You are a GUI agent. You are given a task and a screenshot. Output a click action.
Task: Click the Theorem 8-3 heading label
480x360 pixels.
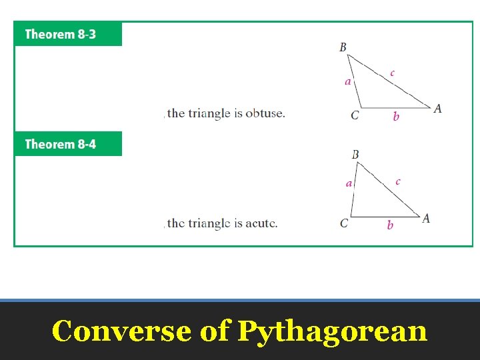point(60,34)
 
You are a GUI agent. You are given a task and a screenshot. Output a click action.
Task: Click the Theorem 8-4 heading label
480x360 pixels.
point(60,144)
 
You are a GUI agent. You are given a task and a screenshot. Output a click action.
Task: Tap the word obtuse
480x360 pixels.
point(265,113)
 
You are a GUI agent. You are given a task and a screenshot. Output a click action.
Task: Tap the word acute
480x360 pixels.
point(261,223)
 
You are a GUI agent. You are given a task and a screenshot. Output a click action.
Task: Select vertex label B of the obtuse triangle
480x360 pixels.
point(343,47)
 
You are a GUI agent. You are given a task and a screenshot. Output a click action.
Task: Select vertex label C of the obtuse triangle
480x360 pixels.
point(355,115)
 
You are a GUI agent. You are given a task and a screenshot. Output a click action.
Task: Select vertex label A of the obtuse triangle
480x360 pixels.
point(437,109)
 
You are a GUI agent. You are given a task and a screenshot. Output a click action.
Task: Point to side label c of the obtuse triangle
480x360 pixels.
point(392,73)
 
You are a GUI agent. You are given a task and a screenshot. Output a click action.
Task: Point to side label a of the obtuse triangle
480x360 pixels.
point(347,82)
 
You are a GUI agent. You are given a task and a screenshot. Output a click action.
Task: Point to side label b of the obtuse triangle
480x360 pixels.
point(396,117)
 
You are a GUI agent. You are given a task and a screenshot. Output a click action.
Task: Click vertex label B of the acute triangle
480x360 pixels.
point(355,155)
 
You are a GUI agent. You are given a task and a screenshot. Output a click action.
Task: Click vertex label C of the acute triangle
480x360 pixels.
point(344,223)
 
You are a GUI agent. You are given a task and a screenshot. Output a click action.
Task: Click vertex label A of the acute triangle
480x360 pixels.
point(426,218)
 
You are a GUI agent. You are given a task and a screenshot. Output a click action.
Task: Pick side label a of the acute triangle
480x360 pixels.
point(349,183)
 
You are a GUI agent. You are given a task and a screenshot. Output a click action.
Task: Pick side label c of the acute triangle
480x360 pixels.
point(398,181)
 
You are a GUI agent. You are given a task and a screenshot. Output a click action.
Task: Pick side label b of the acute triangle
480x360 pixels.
point(390,225)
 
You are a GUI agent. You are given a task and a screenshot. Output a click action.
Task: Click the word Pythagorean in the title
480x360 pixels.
point(332,331)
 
